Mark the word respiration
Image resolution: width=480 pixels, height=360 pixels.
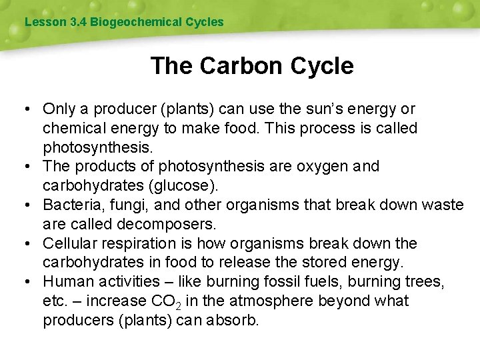pos(143,243)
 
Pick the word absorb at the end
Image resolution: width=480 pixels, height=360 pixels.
pos(229,321)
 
